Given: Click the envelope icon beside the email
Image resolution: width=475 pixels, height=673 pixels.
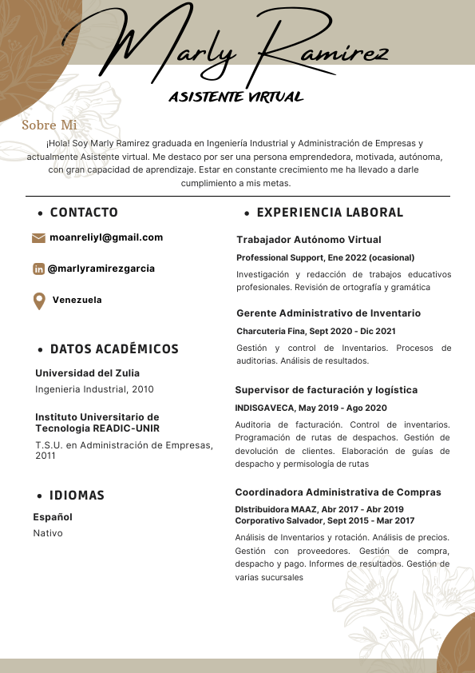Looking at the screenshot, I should (x=38, y=238).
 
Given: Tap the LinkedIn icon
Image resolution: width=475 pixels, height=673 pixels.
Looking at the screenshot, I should (x=38, y=269).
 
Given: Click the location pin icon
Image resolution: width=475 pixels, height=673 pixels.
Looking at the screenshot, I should (x=38, y=301).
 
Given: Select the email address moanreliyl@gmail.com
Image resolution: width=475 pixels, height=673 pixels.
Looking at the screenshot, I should (x=106, y=237).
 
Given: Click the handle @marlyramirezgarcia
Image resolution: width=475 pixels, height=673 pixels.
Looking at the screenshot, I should (x=101, y=269).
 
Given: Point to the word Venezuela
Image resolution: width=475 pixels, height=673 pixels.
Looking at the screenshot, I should (x=77, y=301).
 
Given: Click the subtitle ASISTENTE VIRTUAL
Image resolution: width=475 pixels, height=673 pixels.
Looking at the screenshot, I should (x=236, y=98).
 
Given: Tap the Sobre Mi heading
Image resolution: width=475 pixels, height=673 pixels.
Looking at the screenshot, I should (x=49, y=125).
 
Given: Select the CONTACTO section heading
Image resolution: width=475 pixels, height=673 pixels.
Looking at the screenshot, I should (x=84, y=213).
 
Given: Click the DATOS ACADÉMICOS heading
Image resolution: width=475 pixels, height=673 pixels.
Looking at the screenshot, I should (x=114, y=349).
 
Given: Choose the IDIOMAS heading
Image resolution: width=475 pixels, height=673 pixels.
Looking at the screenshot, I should (x=77, y=496).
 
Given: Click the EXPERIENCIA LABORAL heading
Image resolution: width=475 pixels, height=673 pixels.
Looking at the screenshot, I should (x=330, y=213).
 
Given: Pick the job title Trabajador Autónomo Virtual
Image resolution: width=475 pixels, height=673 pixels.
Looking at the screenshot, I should (x=309, y=240).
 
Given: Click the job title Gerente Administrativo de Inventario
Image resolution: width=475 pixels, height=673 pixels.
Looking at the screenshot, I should (x=328, y=313).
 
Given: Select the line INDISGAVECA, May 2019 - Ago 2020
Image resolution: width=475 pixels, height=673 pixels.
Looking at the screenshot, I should (x=311, y=408).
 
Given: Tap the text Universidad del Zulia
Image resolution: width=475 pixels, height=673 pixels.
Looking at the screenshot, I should (x=87, y=373).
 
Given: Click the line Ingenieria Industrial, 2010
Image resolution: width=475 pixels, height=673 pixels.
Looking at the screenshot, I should (x=94, y=389).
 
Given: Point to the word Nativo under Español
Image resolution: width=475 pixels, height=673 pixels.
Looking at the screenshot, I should (x=47, y=533).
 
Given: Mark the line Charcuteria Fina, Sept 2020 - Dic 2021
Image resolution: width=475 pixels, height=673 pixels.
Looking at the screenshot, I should (x=316, y=331).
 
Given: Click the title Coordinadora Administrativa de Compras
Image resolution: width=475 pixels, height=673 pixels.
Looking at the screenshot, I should (x=338, y=492).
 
